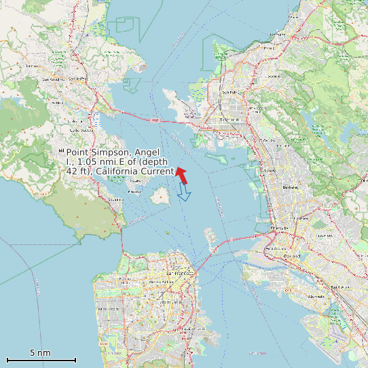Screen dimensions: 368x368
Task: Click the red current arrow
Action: click(x=181, y=174)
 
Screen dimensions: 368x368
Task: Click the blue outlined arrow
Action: click(x=184, y=194)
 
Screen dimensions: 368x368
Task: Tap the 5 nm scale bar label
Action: click(x=40, y=353)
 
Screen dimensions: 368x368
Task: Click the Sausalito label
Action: click(x=116, y=200)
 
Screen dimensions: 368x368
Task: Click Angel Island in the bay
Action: click(x=161, y=197)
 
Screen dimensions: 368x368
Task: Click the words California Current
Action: click(x=135, y=171)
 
